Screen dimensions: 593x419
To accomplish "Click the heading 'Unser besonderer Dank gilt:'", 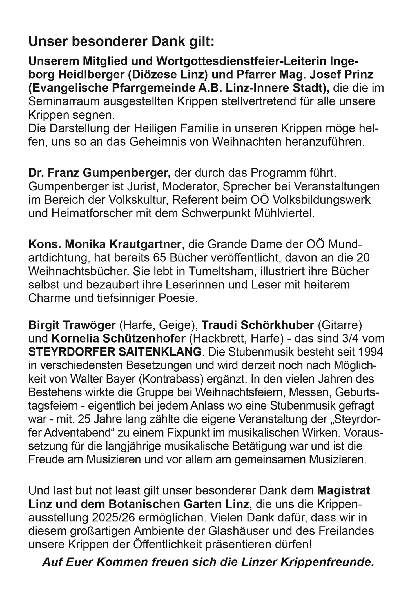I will click(x=121, y=41).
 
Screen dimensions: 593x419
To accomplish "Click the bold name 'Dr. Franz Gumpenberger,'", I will click(x=99, y=173).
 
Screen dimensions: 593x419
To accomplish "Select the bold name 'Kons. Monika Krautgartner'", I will click(x=104, y=244).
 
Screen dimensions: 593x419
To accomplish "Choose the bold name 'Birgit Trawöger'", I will click(x=72, y=325).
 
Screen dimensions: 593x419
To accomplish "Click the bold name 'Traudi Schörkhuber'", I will click(x=258, y=325).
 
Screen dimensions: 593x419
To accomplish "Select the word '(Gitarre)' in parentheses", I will click(x=340, y=325).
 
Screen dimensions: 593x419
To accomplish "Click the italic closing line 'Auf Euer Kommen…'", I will click(x=208, y=562).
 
